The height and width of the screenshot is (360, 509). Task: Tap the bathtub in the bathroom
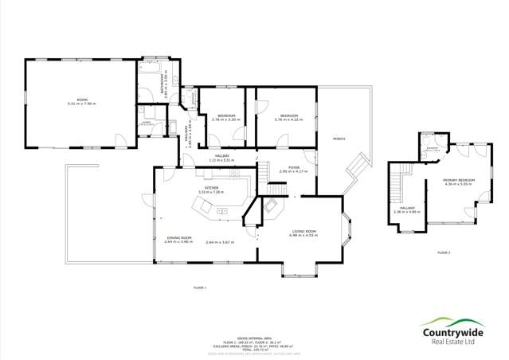151,69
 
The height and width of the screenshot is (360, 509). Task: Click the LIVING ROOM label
303,233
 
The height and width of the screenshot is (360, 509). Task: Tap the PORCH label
338,138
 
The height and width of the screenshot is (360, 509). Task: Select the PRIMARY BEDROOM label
459,182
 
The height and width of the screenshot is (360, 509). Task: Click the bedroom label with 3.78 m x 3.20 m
226,118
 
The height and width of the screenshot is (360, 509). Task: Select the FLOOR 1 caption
199,287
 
